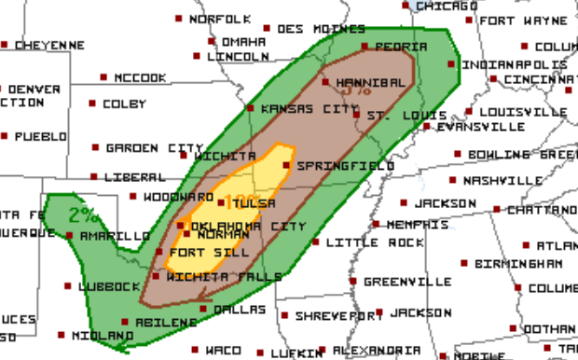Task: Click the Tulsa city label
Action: [255, 202]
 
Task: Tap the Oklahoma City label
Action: [248, 226]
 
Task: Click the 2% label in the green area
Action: [84, 215]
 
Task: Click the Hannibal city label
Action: [370, 82]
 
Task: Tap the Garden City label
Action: [153, 148]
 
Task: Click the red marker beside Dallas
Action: [204, 309]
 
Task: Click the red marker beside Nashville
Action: [453, 179]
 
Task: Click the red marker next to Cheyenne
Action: [5, 45]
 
